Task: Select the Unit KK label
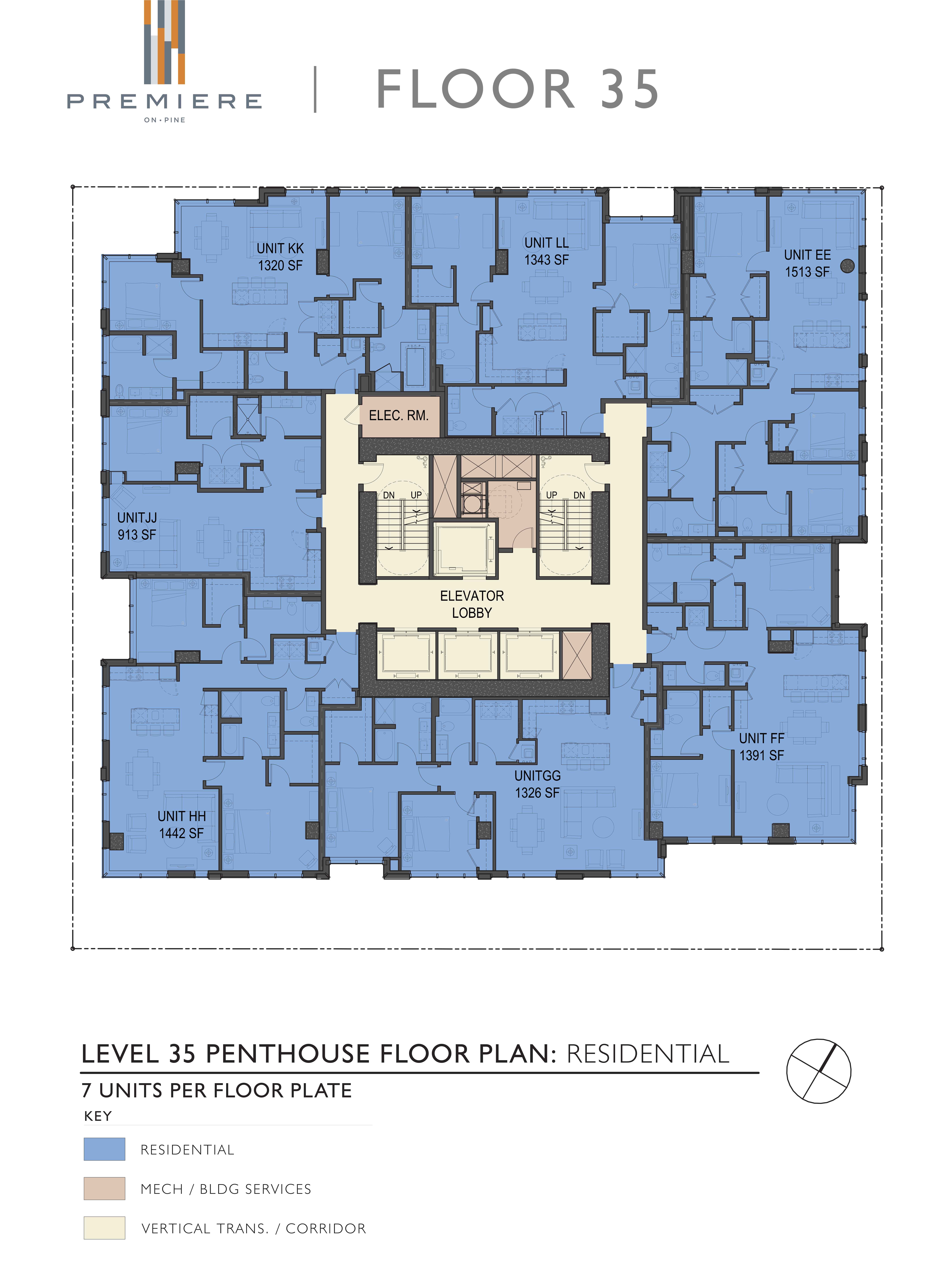280,249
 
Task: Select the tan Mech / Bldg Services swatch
104,1188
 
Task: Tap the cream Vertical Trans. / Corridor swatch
104,1228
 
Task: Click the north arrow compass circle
818,1071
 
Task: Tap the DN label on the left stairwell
389,495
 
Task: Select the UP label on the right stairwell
551,495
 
